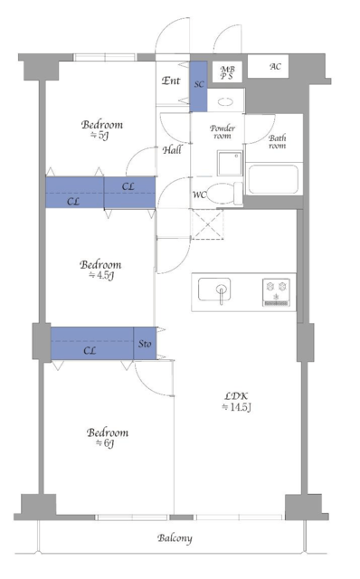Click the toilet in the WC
tap(224, 194)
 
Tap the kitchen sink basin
tap(214, 289)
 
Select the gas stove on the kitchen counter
tap(276, 292)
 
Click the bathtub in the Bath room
tap(273, 179)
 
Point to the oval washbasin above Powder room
tap(225, 101)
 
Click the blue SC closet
tap(199, 87)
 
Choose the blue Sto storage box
tap(145, 344)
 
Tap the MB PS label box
tap(227, 72)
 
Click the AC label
tap(275, 66)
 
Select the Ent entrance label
tap(171, 81)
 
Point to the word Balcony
tap(175, 538)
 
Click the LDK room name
tap(236, 396)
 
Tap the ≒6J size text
tap(105, 443)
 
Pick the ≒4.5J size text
tap(101, 275)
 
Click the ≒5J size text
tap(99, 136)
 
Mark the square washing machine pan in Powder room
tap(230, 163)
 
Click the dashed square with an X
tap(207, 224)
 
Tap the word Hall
tap(172, 149)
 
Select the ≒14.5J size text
tap(237, 407)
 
